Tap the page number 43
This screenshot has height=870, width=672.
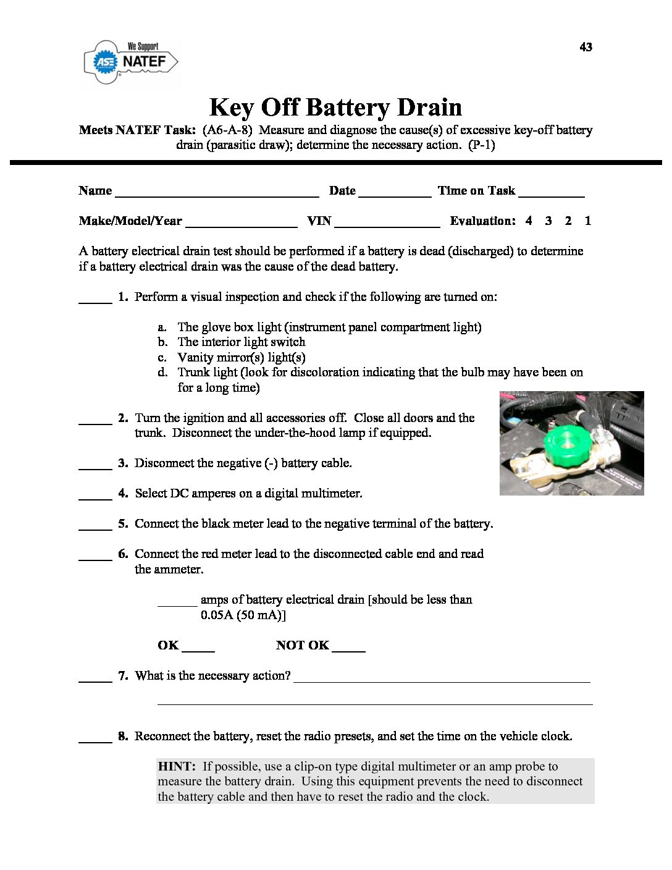pyautogui.click(x=586, y=47)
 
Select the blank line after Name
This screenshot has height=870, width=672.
pyautogui.click(x=217, y=192)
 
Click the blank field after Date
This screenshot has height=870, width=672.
pyautogui.click(x=395, y=192)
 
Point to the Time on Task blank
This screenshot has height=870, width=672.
pyautogui.click(x=552, y=192)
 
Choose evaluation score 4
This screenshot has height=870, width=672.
pyautogui.click(x=529, y=221)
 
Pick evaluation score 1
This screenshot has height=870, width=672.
pyautogui.click(x=588, y=221)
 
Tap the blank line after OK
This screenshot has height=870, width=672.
pyautogui.click(x=198, y=648)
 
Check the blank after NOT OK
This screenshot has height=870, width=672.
pyautogui.click(x=348, y=648)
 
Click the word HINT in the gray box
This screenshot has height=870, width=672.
pyautogui.click(x=177, y=766)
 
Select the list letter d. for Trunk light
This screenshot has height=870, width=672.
pyautogui.click(x=162, y=372)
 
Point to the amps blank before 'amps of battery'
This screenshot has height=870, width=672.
pyautogui.click(x=177, y=602)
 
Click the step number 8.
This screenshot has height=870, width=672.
pyautogui.click(x=123, y=736)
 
